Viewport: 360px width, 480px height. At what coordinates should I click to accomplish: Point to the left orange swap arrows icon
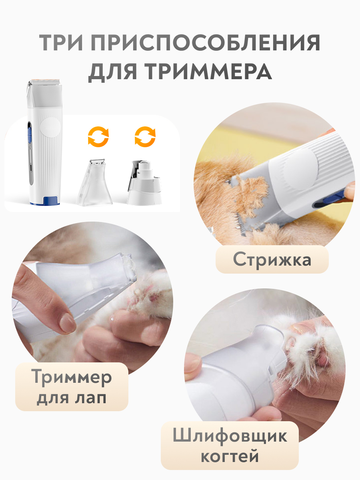point(98,137)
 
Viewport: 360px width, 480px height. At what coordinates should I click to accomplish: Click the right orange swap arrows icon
point(145,137)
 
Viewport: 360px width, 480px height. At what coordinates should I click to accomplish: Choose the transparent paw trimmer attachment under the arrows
point(94,182)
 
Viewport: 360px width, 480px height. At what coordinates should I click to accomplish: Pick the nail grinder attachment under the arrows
point(144,182)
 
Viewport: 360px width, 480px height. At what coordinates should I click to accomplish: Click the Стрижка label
point(272,260)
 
